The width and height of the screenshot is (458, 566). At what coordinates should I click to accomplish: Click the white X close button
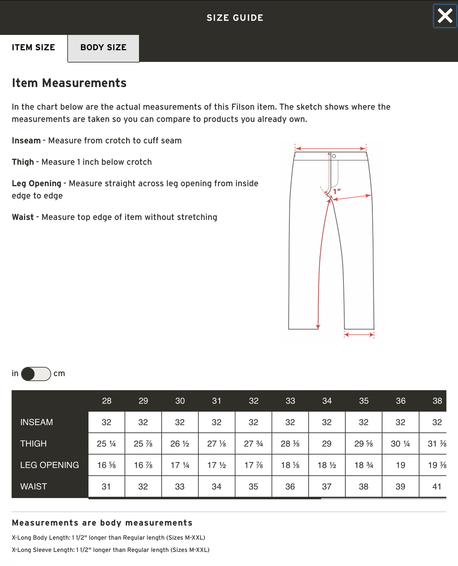pyautogui.click(x=445, y=16)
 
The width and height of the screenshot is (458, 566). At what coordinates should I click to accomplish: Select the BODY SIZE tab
pyautogui.click(x=103, y=47)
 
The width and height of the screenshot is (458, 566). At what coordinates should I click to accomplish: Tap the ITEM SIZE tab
pyautogui.click(x=33, y=47)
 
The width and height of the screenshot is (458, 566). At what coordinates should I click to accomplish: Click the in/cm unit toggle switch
pyautogui.click(x=36, y=374)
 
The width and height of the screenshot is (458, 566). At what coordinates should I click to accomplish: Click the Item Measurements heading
pyautogui.click(x=69, y=83)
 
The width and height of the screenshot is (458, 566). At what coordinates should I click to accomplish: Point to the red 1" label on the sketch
pyautogui.click(x=337, y=191)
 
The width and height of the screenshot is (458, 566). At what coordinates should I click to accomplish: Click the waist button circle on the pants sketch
pyautogui.click(x=334, y=156)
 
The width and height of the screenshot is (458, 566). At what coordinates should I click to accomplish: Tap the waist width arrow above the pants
pyautogui.click(x=330, y=148)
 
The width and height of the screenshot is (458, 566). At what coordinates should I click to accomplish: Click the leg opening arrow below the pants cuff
pyautogui.click(x=359, y=335)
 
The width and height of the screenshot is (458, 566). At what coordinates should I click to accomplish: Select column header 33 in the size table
pyautogui.click(x=290, y=401)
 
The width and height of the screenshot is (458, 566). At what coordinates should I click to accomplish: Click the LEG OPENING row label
pyautogui.click(x=50, y=465)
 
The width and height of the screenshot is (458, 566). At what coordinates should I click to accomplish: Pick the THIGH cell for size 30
pyautogui.click(x=180, y=444)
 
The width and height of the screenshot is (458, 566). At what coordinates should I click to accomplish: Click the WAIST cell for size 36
pyautogui.click(x=400, y=486)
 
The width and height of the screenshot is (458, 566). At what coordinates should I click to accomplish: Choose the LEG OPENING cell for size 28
pyautogui.click(x=106, y=465)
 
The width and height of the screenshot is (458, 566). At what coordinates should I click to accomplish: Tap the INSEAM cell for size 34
pyautogui.click(x=327, y=422)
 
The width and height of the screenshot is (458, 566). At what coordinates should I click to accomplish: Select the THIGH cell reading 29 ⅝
pyautogui.click(x=363, y=444)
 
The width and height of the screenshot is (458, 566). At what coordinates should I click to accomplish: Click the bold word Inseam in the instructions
pyautogui.click(x=26, y=141)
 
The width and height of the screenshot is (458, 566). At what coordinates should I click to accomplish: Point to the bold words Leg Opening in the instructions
pyautogui.click(x=36, y=184)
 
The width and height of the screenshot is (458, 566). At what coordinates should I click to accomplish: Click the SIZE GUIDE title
pyautogui.click(x=235, y=18)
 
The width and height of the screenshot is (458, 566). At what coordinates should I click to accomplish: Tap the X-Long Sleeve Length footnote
pyautogui.click(x=111, y=550)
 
